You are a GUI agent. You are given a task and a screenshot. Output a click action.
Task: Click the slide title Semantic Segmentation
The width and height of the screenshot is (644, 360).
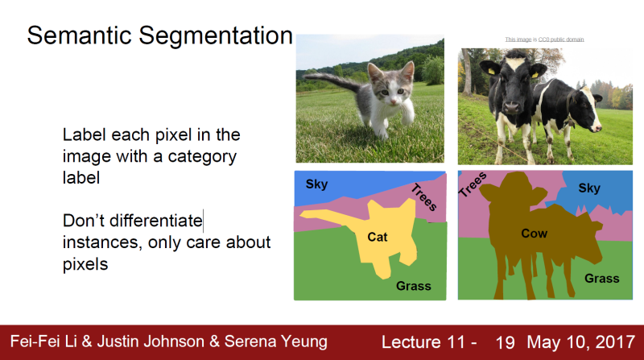point(159,36)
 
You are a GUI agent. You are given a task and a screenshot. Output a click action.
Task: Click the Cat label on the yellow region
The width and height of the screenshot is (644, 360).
point(378,237)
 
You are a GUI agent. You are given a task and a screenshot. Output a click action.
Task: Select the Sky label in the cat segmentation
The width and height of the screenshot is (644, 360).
point(316,184)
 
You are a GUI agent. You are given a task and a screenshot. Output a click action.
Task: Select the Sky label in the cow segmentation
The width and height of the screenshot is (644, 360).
point(589,188)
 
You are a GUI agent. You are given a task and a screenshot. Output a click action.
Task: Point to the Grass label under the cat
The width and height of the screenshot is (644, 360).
point(413,286)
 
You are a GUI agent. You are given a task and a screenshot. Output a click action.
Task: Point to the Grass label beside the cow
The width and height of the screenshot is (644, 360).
point(601,278)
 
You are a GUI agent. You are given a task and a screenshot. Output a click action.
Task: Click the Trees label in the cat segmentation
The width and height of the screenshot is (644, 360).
point(423,198)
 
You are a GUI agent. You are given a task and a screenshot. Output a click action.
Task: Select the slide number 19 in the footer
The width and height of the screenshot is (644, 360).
point(505,341)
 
